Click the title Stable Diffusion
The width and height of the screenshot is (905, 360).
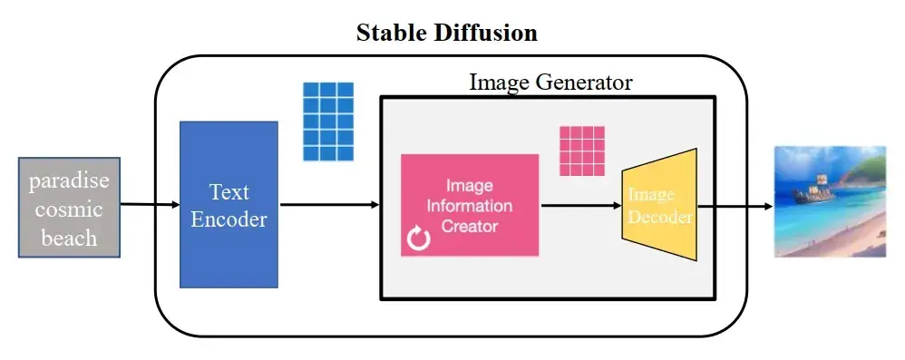click(447, 34)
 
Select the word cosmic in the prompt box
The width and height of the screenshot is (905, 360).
click(69, 209)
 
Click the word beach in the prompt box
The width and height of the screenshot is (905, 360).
click(69, 238)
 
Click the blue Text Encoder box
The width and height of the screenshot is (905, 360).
click(229, 204)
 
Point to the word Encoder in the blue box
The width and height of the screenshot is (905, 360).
click(229, 219)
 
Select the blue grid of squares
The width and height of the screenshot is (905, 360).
click(327, 122)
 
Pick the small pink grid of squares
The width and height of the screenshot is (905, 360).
click(582, 151)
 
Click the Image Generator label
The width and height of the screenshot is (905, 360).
click(550, 82)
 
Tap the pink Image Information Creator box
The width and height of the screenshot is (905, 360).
click(470, 204)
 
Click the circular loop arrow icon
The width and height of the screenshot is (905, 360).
click(419, 239)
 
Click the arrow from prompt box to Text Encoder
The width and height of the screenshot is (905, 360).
click(150, 205)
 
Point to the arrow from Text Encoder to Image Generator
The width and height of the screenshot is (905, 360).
click(328, 205)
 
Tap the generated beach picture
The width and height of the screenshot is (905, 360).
click(829, 201)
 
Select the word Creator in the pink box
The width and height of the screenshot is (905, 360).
click(470, 226)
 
